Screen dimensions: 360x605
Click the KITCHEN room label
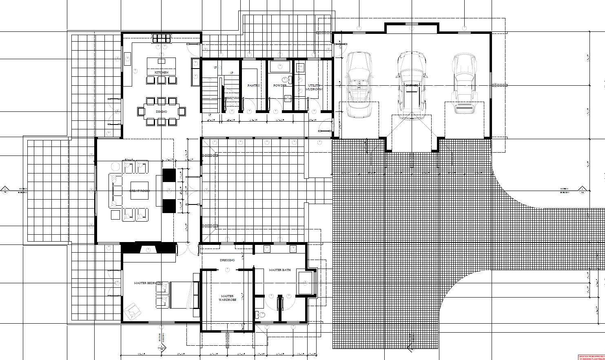[161, 72]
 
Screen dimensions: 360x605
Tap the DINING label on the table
[161, 111]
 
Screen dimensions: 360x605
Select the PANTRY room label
[253, 86]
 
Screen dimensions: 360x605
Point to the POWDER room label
[279, 86]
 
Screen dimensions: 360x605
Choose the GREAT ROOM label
[140, 191]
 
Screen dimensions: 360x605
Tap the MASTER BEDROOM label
[148, 283]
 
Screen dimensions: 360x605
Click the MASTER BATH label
[280, 270]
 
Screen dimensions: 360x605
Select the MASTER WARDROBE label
[227, 298]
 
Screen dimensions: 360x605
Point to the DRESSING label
[227, 260]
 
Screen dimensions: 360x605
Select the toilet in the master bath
[261, 315]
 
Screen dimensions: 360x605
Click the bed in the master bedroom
[180, 295]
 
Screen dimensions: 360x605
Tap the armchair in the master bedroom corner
[132, 311]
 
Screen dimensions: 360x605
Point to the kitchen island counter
[161, 65]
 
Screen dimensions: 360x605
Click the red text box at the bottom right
[592, 357]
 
